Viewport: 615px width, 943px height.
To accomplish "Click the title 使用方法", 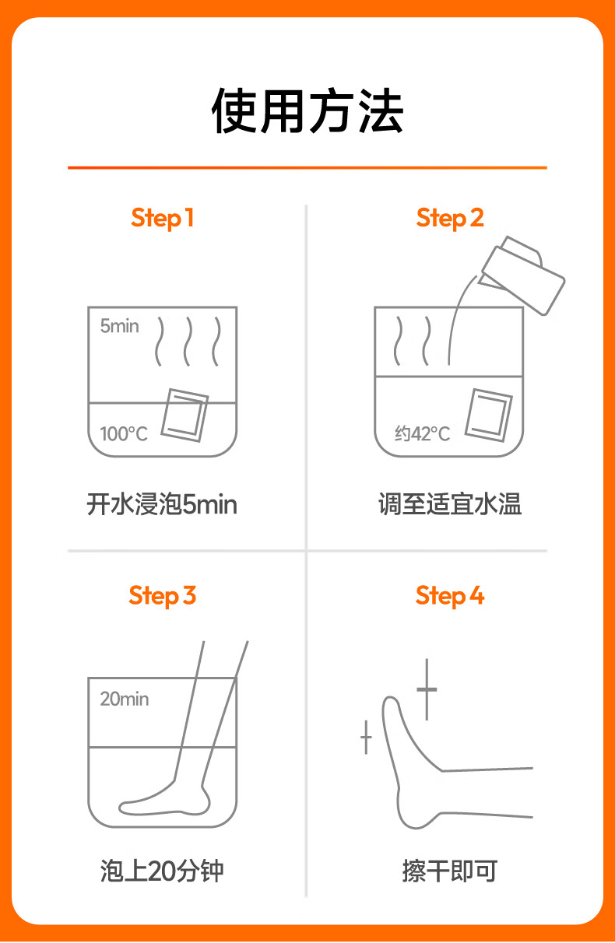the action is pyautogui.click(x=307, y=111).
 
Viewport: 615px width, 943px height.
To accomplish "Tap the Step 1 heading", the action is pyautogui.click(x=162, y=219).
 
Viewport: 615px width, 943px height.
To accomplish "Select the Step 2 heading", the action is pyautogui.click(x=450, y=219).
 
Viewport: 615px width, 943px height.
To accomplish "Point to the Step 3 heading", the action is pyautogui.click(x=162, y=596).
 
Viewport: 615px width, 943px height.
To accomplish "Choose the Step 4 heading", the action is pyautogui.click(x=450, y=596).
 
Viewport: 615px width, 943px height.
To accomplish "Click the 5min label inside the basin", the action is pyautogui.click(x=119, y=326).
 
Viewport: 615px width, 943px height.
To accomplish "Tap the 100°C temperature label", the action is pyautogui.click(x=124, y=433).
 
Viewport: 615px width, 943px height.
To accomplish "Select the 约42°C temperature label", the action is pyautogui.click(x=422, y=433).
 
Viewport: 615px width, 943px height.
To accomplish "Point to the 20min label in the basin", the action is pyautogui.click(x=125, y=699).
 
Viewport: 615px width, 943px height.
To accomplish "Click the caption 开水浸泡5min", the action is pyautogui.click(x=162, y=504).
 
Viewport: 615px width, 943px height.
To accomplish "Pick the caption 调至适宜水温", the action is pyautogui.click(x=450, y=504).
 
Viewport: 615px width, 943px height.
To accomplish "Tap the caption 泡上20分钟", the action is pyautogui.click(x=162, y=871).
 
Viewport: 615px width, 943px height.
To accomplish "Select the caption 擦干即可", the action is pyautogui.click(x=450, y=871).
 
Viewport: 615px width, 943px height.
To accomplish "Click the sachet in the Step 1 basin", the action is pyautogui.click(x=185, y=415).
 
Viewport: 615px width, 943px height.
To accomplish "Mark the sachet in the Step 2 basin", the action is pyautogui.click(x=489, y=415).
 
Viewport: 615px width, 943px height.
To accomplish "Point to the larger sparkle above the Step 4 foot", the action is pyautogui.click(x=427, y=689).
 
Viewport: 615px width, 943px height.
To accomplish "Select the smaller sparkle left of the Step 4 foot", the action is pyautogui.click(x=366, y=737).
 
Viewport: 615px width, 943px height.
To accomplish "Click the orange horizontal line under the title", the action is pyautogui.click(x=307, y=167).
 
